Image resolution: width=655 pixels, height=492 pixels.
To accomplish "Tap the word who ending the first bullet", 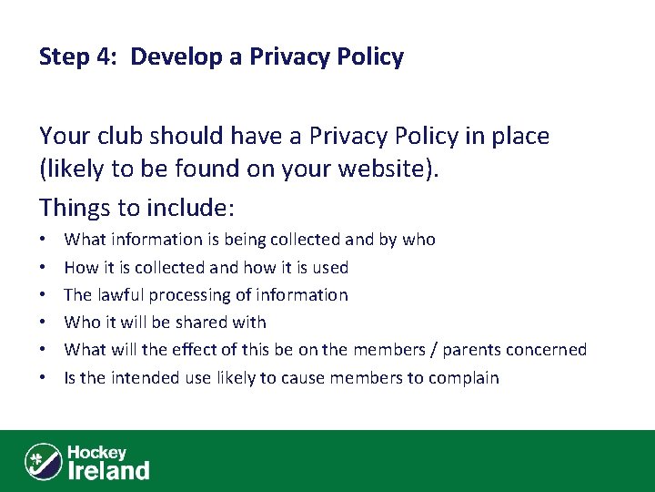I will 419,240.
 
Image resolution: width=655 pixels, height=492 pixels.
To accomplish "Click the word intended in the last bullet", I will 142,378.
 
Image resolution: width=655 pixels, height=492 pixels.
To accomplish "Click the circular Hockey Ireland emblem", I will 44,461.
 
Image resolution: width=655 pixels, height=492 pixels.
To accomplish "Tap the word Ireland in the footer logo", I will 109,470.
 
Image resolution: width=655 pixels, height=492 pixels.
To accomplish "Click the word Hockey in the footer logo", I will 96,453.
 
